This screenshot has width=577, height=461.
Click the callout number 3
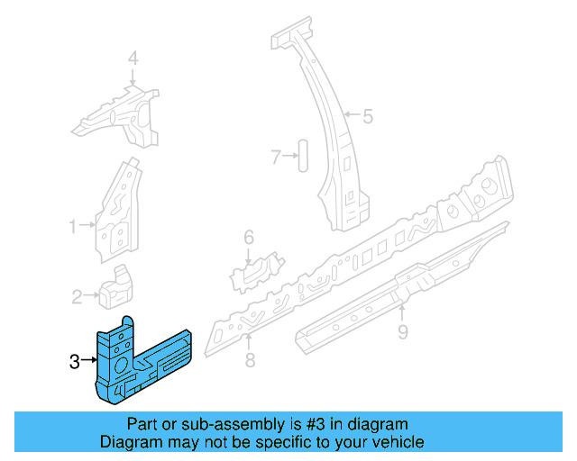point(74,362)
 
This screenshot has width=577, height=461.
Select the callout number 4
point(133,59)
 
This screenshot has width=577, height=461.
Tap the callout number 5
point(368,115)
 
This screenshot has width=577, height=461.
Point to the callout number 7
point(276,158)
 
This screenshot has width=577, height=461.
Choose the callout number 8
point(250,361)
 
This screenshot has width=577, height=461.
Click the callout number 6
point(249,237)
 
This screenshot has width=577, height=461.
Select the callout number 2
point(78,294)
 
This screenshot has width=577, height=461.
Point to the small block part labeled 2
point(114,285)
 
